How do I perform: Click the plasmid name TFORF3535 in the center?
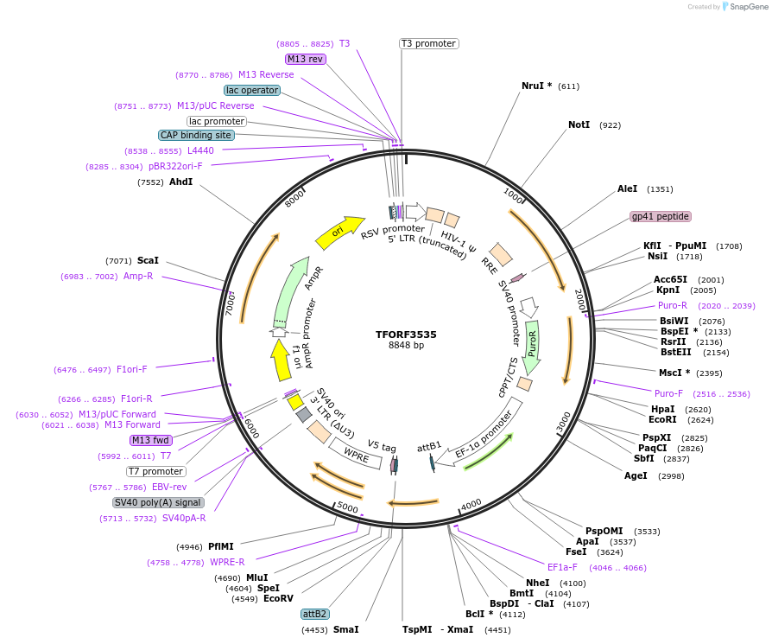coord(406,334)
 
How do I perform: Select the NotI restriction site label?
coord(579,125)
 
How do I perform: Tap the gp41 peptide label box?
coord(660,216)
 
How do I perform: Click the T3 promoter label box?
coord(428,43)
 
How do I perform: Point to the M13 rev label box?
coord(305,59)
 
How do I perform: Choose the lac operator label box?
coord(251,90)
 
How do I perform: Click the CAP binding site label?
coord(196,135)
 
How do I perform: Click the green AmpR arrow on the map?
coord(290,290)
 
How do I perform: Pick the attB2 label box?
coord(314,614)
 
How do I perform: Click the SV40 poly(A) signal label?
coord(158,502)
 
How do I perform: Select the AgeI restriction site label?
coord(636,475)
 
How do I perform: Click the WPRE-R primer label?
coord(227,562)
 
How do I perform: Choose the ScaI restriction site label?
coord(148,260)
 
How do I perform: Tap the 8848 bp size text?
coord(406,346)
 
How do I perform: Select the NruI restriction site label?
coord(536,86)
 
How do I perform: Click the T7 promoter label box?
coord(155,471)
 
